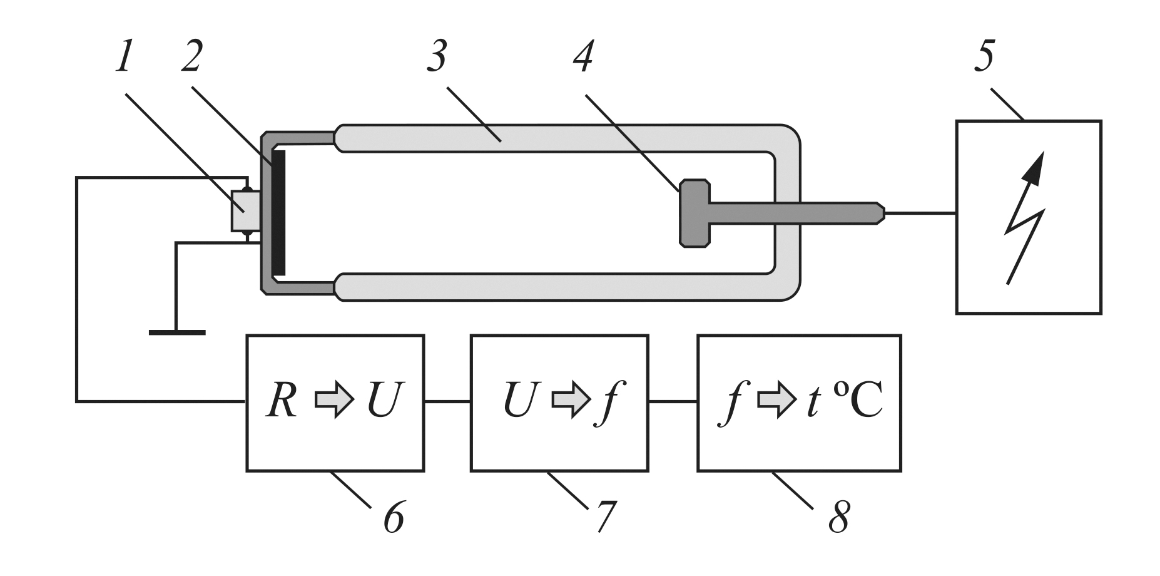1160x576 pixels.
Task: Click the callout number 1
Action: tap(124, 60)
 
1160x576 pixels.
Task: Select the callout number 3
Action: tap(435, 60)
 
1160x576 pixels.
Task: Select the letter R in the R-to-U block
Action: tap(281, 401)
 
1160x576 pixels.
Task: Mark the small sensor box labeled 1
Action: tap(246, 212)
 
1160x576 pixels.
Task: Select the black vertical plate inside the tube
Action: tap(279, 212)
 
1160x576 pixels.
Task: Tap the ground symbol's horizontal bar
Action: tap(177, 332)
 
